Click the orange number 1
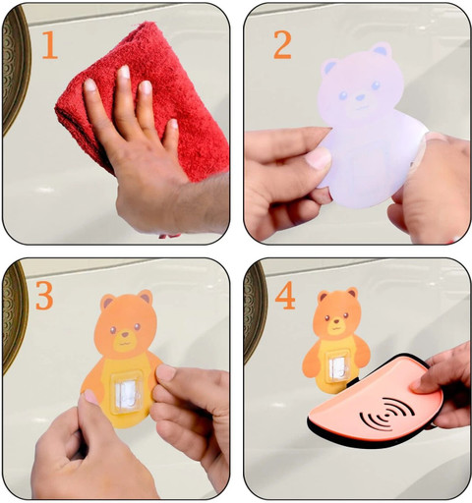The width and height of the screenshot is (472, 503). tap(50, 44)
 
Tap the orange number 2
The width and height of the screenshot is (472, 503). tap(282, 45)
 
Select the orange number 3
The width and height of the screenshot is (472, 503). tap(44, 296)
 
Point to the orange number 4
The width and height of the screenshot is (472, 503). tap(285, 296)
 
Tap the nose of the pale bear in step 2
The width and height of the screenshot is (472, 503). tap(360, 97)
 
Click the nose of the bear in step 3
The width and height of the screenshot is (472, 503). tap(125, 334)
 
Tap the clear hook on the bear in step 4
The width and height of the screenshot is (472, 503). tap(337, 366)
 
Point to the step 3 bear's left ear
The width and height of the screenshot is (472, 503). tap(108, 301)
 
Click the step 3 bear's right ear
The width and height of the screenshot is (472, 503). tap(145, 296)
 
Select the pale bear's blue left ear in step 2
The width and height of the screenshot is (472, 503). tap(329, 66)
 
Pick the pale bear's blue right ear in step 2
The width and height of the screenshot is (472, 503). tap(382, 49)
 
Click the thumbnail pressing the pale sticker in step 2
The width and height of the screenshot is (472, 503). tap(318, 158)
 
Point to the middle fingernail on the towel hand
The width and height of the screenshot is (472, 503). tap(124, 72)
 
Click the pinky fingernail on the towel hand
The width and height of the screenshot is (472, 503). tap(174, 124)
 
